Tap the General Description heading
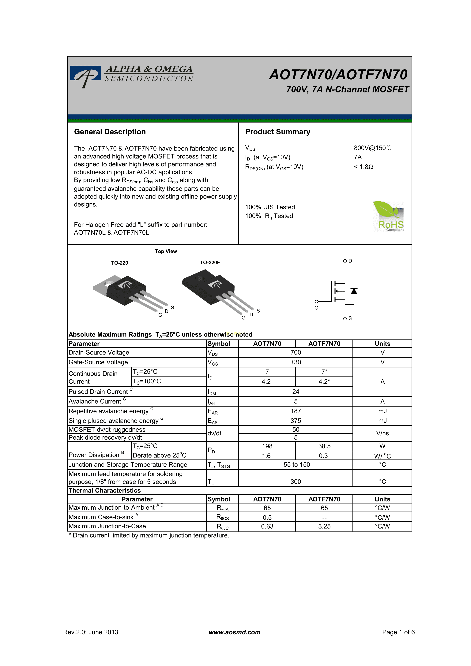(110, 132)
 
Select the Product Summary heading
(277, 132)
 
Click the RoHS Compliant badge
(388, 216)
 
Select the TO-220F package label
(210, 262)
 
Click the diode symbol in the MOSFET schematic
(354, 291)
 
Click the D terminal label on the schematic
(350, 261)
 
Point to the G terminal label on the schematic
(316, 308)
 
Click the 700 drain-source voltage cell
(296, 352)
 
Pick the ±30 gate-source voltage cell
(296, 362)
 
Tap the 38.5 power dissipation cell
(324, 446)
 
